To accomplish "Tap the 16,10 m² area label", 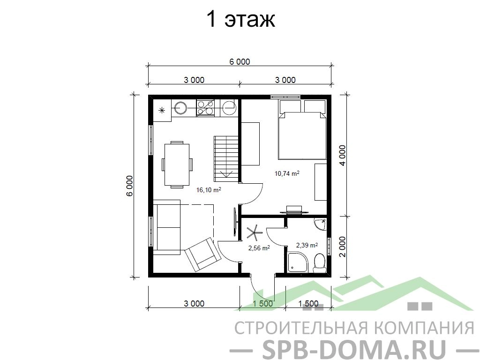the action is [209, 190].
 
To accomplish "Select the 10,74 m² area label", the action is [287, 173].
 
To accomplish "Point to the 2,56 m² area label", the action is [259, 248].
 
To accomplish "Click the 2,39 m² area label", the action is [307, 245].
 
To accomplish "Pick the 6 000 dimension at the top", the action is [240, 62].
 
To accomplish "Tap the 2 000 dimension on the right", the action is [343, 247].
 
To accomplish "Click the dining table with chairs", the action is [177, 165].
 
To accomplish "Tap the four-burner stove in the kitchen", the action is [205, 108].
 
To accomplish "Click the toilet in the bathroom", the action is [320, 263].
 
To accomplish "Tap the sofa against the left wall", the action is [166, 227].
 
